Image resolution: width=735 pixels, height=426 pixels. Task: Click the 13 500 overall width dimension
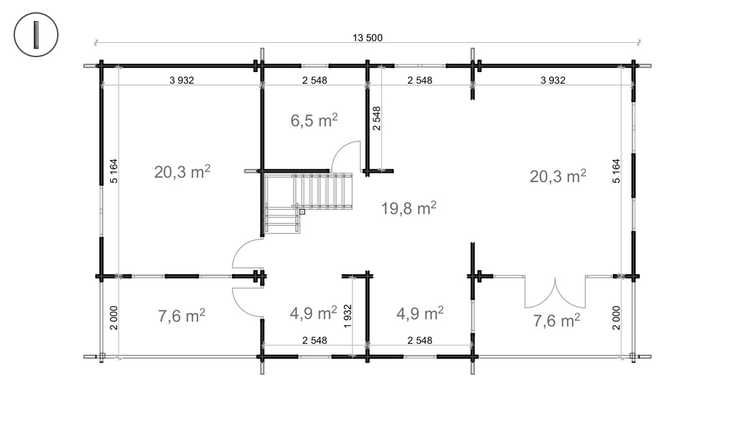click(x=367, y=38)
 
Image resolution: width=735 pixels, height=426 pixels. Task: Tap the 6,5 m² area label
click(x=314, y=120)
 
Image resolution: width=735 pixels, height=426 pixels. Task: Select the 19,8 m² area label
click(x=408, y=208)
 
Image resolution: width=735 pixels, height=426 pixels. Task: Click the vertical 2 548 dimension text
click(x=376, y=118)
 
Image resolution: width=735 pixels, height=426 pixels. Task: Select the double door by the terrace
click(x=555, y=293)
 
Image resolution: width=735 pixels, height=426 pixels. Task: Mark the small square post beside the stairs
click(x=302, y=211)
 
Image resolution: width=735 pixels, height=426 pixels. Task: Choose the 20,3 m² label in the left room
click(x=182, y=171)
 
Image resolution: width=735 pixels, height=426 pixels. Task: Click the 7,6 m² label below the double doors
click(x=556, y=321)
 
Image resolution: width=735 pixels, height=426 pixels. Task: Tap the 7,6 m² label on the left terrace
click(x=182, y=316)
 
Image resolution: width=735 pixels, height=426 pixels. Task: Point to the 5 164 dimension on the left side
click(x=114, y=171)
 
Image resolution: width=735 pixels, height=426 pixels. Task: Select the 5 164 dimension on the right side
click(x=617, y=171)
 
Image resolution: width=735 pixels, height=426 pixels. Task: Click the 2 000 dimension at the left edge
click(x=114, y=317)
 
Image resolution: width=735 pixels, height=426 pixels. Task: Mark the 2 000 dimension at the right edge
click(x=617, y=317)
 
